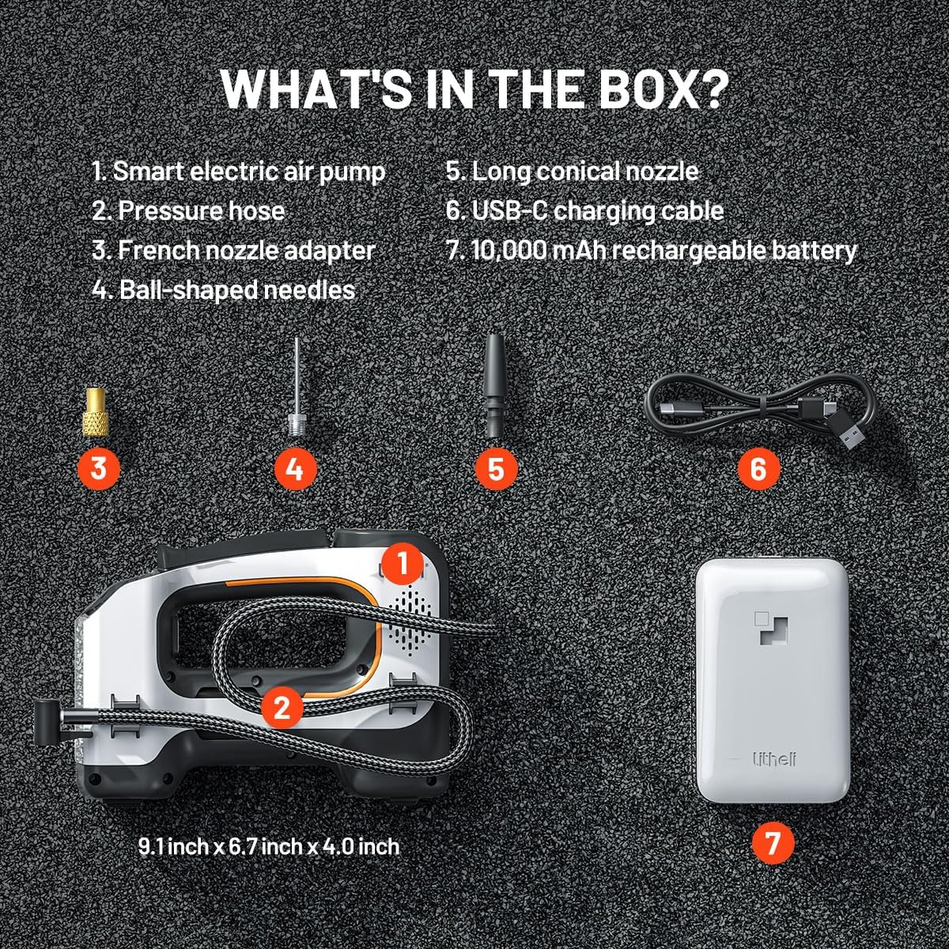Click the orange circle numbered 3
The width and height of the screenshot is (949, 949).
(x=99, y=468)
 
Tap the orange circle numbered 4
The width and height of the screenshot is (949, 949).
(x=294, y=469)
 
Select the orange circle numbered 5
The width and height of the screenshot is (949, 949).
(x=496, y=469)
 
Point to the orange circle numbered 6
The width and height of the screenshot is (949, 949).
(x=758, y=469)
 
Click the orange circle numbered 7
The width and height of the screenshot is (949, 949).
(x=772, y=843)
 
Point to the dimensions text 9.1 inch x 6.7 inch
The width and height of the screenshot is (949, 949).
(x=269, y=847)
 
